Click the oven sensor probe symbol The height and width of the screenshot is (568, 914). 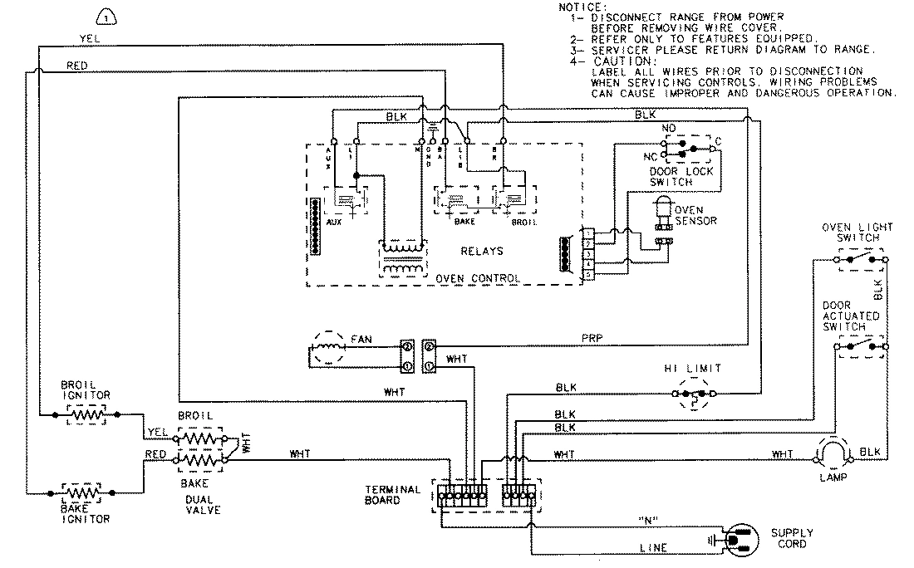click(x=664, y=212)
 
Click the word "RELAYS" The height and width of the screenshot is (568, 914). click(x=482, y=250)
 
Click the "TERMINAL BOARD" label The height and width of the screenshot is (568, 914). click(x=392, y=495)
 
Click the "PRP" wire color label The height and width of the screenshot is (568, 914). click(x=594, y=338)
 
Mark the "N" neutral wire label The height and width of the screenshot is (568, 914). click(x=648, y=521)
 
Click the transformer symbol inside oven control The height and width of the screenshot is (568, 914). click(x=404, y=257)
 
